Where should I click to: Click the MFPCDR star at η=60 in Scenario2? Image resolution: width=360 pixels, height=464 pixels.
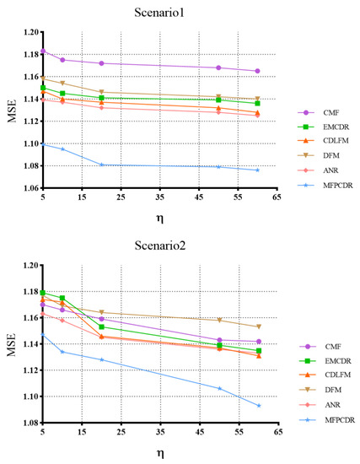click(x=258, y=405)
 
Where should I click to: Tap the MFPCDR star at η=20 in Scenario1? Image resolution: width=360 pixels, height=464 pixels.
click(x=101, y=165)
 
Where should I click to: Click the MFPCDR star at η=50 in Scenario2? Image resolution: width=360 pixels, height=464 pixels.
click(x=219, y=388)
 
